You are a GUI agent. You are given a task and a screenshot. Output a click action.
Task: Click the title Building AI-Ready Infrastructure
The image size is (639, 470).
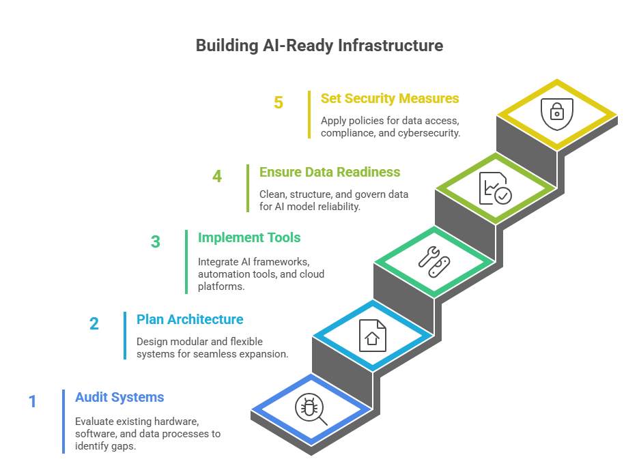(319, 46)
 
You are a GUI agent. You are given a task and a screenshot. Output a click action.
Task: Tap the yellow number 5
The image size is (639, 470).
(279, 103)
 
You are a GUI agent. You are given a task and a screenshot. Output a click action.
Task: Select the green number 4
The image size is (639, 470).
(217, 177)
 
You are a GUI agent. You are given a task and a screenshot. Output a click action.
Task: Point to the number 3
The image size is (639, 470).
(156, 242)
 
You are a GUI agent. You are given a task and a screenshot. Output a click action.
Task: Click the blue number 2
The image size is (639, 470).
(94, 323)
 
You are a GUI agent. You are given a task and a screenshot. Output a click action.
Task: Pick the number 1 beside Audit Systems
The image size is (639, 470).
(32, 401)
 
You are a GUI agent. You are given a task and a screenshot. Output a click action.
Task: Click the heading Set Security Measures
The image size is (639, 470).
(390, 99)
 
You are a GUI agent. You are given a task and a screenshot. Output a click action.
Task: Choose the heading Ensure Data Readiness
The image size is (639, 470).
(330, 173)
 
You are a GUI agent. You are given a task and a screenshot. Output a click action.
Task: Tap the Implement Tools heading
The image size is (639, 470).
(249, 238)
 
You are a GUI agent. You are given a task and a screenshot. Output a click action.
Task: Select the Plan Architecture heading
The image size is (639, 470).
(190, 319)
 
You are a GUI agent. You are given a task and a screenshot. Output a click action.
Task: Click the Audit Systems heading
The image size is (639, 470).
(119, 398)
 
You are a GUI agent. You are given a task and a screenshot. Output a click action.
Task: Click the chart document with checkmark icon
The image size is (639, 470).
(495, 188)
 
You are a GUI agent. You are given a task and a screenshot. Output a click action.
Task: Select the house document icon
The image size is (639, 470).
(372, 336)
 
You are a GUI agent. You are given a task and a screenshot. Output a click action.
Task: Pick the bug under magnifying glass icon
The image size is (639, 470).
(311, 409)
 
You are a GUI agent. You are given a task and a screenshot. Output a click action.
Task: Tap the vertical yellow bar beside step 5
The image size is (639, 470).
(309, 115)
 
